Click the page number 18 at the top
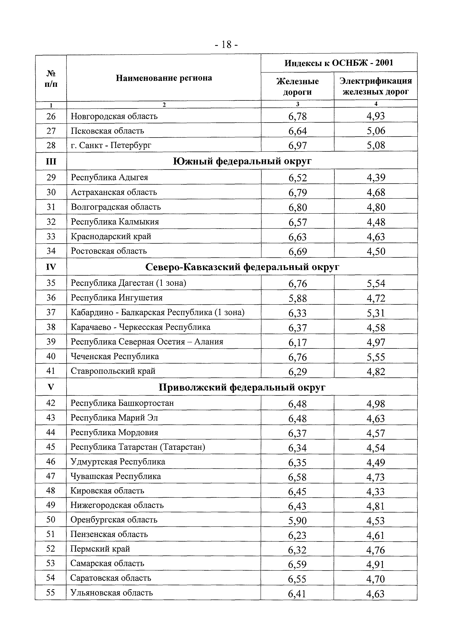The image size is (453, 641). click(226, 45)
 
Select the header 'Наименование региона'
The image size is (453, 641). click(164, 78)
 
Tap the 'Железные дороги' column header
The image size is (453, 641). click(297, 87)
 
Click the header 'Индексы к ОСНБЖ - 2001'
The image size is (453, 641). click(339, 63)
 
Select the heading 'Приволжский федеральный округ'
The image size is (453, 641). click(242, 387)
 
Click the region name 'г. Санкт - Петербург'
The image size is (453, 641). click(111, 145)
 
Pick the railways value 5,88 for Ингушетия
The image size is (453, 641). click(297, 298)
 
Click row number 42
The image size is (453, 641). click(51, 403)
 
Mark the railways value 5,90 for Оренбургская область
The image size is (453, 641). click(297, 520)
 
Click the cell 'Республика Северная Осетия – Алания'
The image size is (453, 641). click(147, 342)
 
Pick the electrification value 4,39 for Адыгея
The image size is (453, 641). click(376, 177)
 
